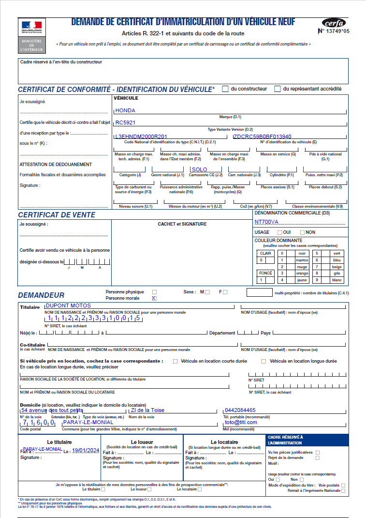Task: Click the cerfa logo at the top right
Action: [334, 23]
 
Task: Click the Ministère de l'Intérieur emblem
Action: [31, 35]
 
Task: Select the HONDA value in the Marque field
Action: [125, 110]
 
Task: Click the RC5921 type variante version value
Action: [125, 123]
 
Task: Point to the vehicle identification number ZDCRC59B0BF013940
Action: [263, 137]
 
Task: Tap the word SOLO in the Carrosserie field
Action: [199, 169]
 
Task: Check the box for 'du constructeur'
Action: [225, 89]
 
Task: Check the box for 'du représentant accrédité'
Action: [278, 89]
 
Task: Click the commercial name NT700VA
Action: [266, 222]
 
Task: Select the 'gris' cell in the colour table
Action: [337, 273]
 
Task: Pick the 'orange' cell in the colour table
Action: [302, 273]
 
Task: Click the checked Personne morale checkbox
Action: [154, 298]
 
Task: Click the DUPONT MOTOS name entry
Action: [68, 306]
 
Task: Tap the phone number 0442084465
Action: [240, 411]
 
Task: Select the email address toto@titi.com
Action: [241, 422]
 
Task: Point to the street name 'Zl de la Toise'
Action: [147, 410]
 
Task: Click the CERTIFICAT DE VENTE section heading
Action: [57, 214]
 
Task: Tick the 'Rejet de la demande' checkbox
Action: [318, 457]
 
